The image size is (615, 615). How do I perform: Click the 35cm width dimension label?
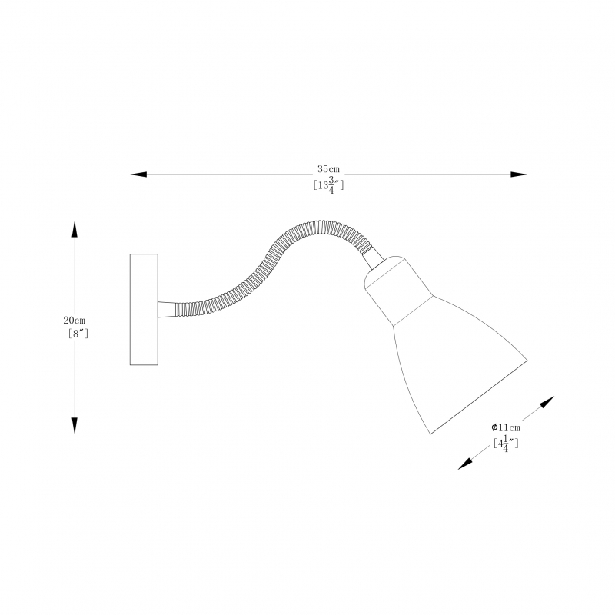point(328,169)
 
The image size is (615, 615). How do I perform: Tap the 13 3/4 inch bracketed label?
point(328,184)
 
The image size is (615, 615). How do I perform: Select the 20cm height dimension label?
point(74,321)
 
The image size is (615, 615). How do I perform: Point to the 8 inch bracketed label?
point(78,334)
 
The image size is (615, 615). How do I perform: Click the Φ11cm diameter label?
point(506,427)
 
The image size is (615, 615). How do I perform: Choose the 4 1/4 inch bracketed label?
point(506,444)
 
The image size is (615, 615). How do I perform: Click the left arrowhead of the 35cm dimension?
point(138,175)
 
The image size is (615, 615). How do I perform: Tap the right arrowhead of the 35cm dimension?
point(518,175)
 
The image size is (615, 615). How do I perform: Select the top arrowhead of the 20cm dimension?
point(75,229)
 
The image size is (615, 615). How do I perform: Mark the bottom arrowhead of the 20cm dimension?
point(75,426)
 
